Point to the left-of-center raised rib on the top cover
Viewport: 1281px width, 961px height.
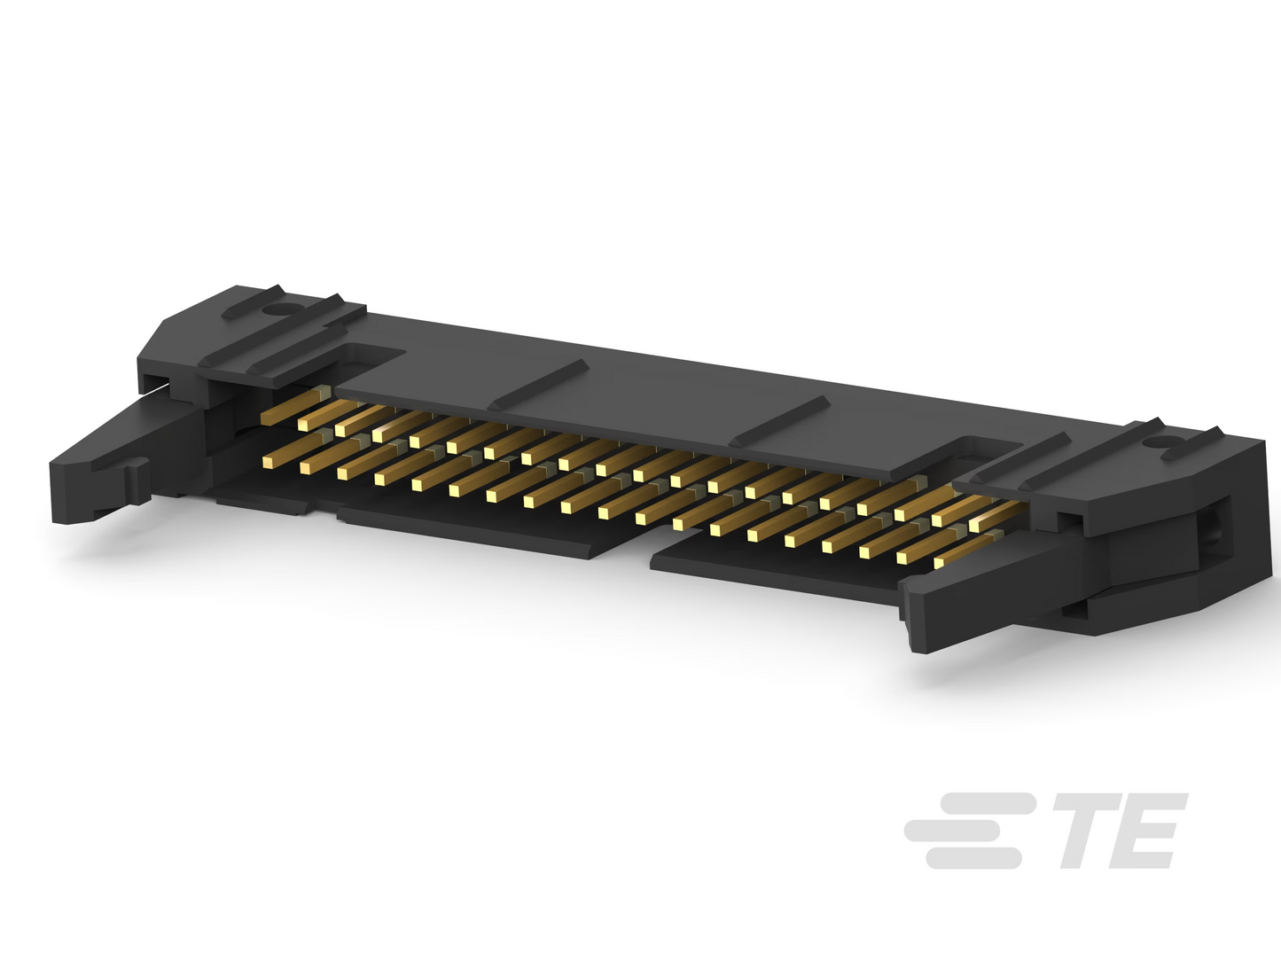click(538, 384)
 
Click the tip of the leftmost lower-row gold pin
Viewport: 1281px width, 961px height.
click(269, 463)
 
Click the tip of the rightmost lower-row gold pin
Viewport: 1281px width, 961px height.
click(940, 562)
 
